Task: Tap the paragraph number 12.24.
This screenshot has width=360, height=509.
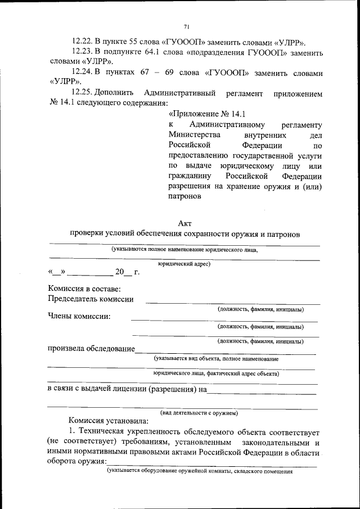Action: [x=83, y=73]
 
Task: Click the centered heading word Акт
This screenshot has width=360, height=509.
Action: [x=185, y=223]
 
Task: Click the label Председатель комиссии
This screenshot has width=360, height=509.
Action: [x=91, y=299]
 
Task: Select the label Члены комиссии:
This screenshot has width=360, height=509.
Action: [x=79, y=316]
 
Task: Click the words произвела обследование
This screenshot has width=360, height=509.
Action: [x=91, y=349]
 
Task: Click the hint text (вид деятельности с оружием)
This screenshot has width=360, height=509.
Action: [x=199, y=413]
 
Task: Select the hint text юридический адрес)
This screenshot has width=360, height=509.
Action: [x=184, y=263]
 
